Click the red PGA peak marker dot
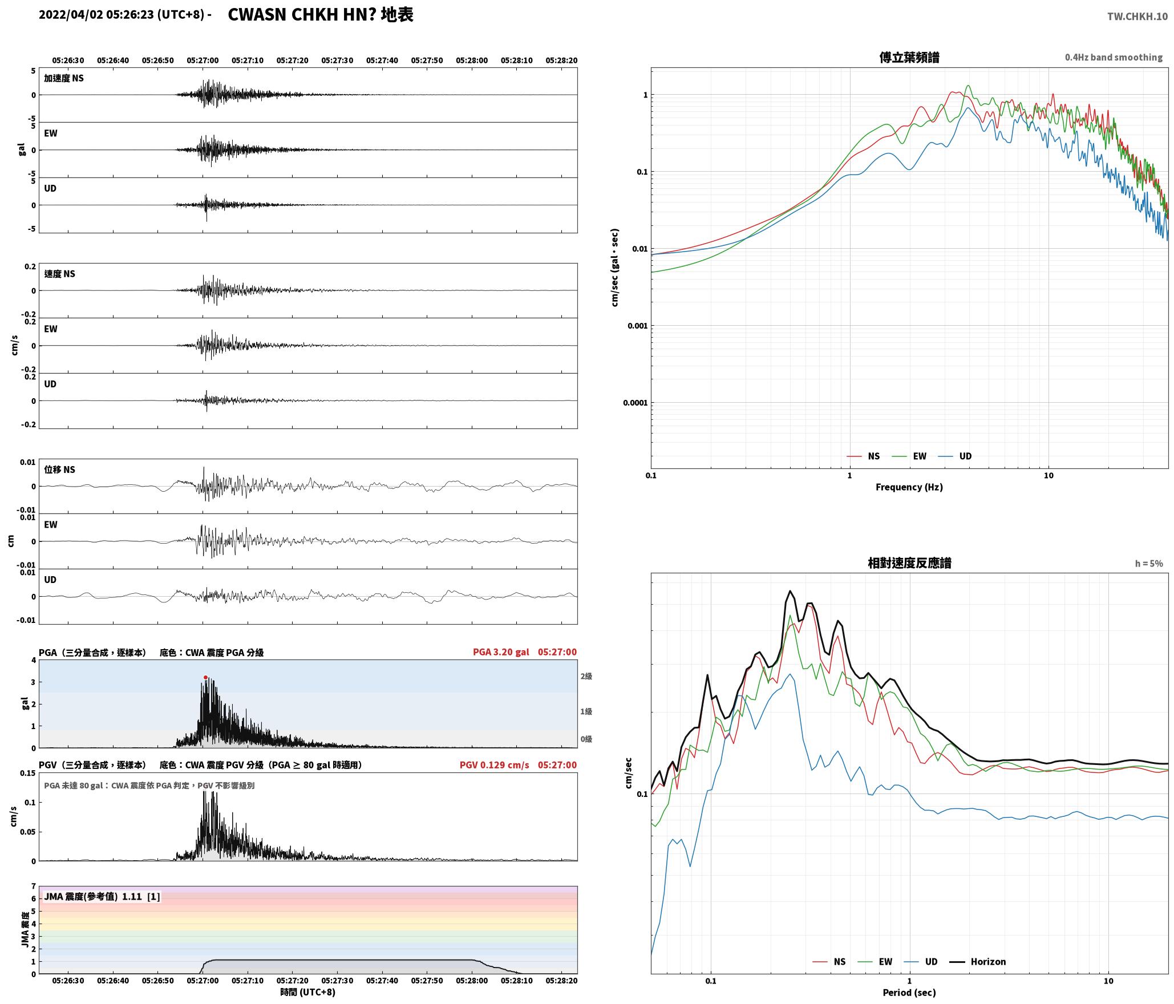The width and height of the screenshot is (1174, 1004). [205, 677]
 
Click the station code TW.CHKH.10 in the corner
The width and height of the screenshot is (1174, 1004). [1137, 17]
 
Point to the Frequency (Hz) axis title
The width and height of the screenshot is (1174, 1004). [909, 487]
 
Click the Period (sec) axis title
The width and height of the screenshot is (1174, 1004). [909, 992]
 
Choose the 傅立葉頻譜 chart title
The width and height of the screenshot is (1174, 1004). [909, 57]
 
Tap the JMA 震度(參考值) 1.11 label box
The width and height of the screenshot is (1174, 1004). [102, 896]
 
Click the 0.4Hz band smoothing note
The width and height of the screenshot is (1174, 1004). [1113, 57]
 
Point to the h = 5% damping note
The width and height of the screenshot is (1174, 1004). [1148, 563]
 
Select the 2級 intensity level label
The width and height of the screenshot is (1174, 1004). [586, 676]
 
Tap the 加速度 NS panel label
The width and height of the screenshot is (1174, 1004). [64, 78]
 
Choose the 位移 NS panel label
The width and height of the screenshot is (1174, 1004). [59, 469]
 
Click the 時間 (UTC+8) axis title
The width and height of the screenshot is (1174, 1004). [307, 992]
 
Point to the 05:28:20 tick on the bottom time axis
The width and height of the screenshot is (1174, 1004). [561, 980]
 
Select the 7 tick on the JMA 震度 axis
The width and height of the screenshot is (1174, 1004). [33, 886]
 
